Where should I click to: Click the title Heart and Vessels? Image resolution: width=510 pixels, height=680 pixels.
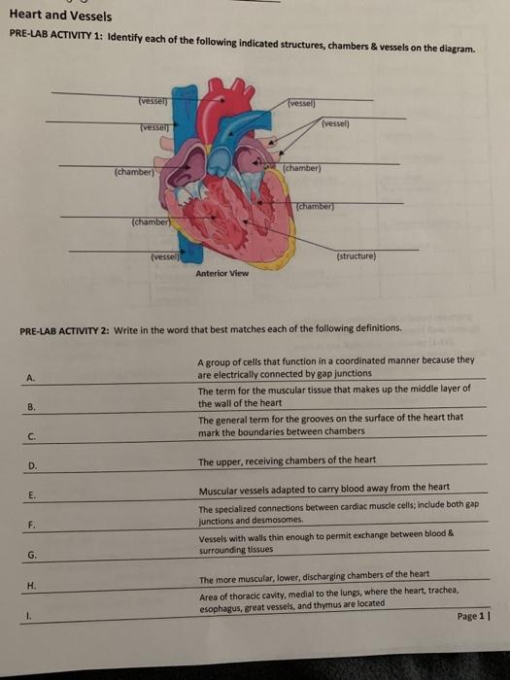tap(59, 16)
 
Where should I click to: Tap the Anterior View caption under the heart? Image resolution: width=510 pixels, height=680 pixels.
tap(221, 273)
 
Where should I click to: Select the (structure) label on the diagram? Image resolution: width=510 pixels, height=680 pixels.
tap(357, 257)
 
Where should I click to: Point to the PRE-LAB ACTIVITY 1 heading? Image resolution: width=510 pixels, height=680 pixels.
tap(56, 36)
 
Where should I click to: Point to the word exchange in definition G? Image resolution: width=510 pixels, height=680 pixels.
tap(388, 533)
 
